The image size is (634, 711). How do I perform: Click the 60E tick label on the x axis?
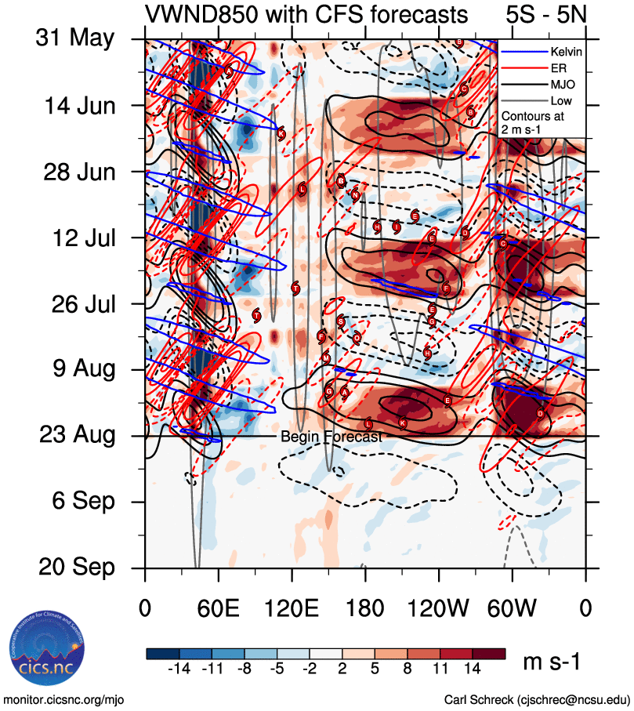[219, 608]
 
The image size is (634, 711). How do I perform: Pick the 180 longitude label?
[365, 608]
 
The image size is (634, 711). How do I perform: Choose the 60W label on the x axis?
[513, 608]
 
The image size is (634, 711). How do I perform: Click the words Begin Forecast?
[331, 437]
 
